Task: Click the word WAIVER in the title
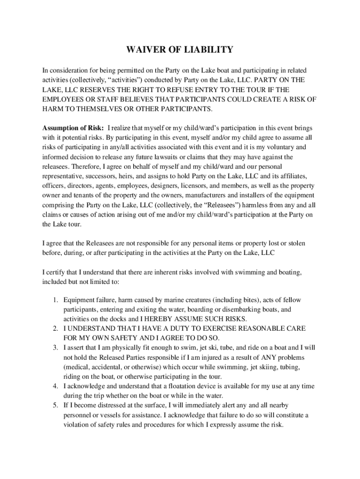(x=143, y=50)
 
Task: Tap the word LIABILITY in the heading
(x=208, y=50)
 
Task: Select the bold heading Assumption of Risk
(x=73, y=128)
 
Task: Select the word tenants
(x=80, y=195)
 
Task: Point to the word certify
(x=56, y=272)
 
